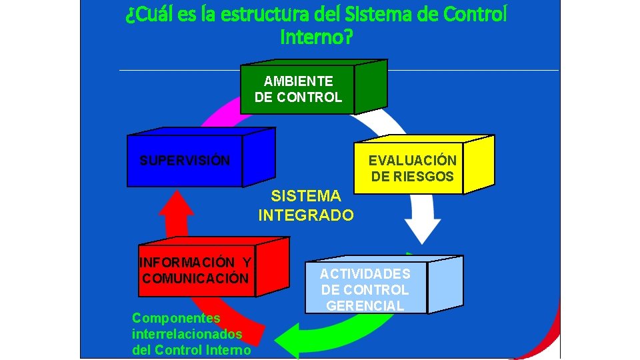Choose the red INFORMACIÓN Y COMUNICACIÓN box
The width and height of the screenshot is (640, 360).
pos(196,271)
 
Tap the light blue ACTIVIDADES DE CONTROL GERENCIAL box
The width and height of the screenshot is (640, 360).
pos(365,288)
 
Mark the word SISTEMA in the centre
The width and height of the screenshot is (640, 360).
pos(306,196)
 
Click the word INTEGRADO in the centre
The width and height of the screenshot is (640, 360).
pos(306,215)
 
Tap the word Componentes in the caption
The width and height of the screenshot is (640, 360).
pos(176,318)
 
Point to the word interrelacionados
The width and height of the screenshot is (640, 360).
pos(187,333)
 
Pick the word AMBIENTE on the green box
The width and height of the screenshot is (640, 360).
pos(298,81)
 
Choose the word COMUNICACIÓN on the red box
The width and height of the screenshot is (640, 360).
pos(195,279)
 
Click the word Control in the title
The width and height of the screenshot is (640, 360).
pos(476,15)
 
